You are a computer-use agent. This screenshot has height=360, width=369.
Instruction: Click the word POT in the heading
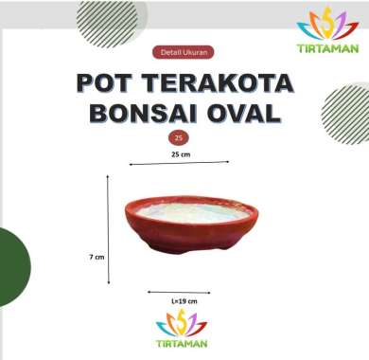pos(109,82)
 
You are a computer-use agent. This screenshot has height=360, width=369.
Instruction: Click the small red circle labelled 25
pos(180,136)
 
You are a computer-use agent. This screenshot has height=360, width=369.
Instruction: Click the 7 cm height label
pos(96,257)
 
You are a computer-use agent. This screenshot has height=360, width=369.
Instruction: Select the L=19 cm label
pos(184,300)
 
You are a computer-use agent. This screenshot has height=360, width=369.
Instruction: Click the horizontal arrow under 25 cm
pos(180,163)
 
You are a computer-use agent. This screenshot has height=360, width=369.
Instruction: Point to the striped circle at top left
pos(104,21)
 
